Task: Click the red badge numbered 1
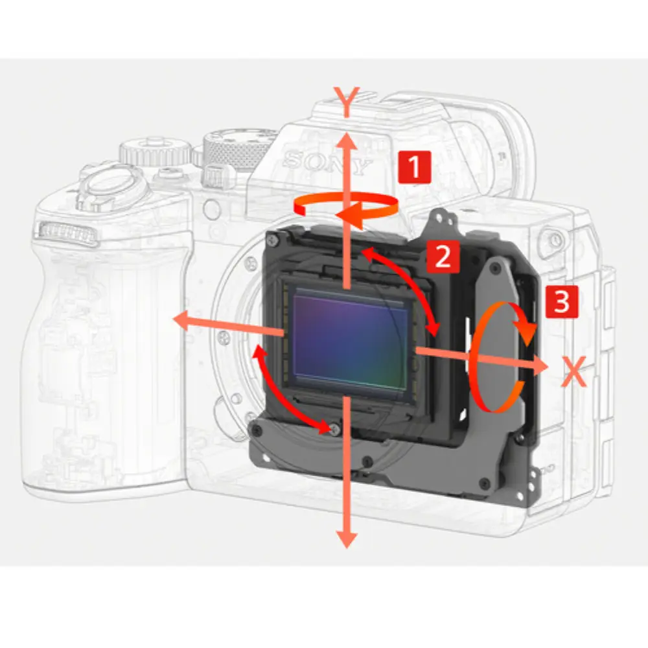pos(415,167)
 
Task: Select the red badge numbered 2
pos(443,256)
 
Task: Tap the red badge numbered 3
pos(562,301)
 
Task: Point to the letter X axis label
pos(574,371)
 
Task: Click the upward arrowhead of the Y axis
pos(346,143)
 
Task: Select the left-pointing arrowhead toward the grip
pos(182,321)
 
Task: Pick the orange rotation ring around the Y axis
pos(346,208)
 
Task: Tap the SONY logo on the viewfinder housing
pos(327,163)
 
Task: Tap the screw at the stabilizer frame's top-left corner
pos(272,238)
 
